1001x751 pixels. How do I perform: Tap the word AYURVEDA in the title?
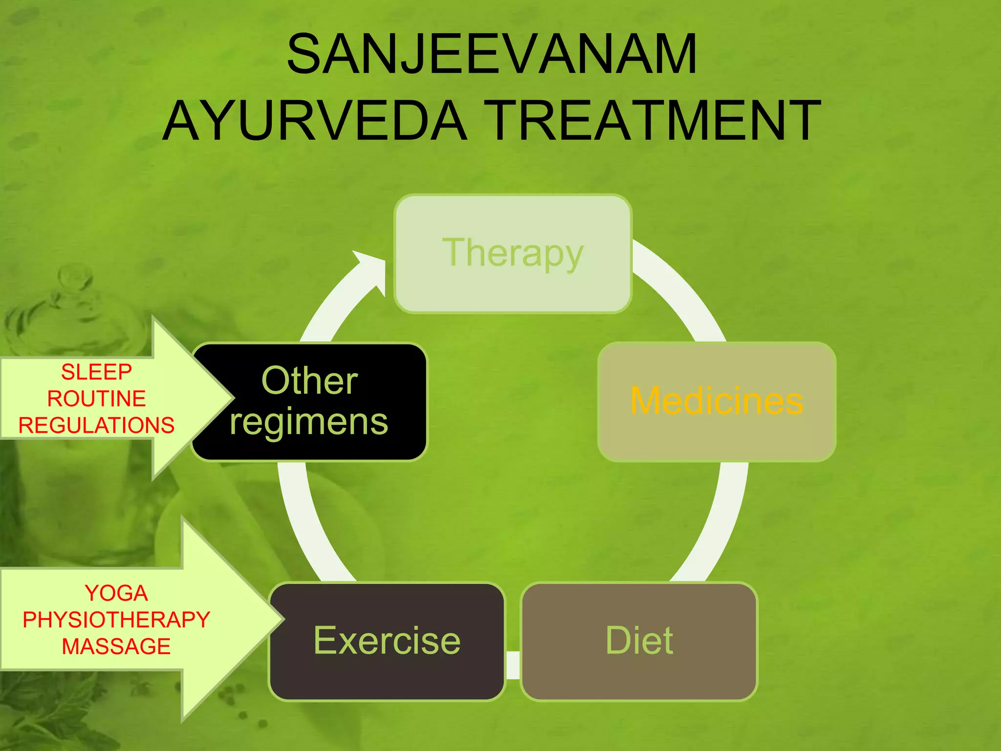click(315, 120)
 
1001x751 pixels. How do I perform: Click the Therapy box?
click(513, 254)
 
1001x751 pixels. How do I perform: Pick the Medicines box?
click(717, 401)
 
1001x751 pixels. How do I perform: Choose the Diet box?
click(639, 641)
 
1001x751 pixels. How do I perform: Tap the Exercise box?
click(387, 641)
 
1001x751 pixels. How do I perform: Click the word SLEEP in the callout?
click(96, 372)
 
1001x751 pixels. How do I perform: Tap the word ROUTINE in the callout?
click(96, 398)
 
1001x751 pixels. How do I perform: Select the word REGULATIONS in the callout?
click(96, 425)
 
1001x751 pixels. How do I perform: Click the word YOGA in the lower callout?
click(116, 593)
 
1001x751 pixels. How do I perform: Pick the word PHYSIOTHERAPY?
click(116, 620)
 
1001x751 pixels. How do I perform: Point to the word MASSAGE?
click(116, 646)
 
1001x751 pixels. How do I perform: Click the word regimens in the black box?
click(309, 422)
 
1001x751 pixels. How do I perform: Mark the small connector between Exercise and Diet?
click(513, 665)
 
